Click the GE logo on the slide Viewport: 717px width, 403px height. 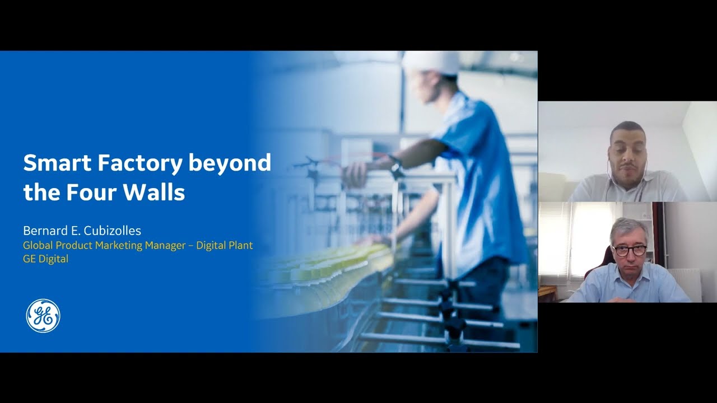(43, 316)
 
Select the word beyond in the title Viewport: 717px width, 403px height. (230, 163)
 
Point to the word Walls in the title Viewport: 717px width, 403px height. (155, 193)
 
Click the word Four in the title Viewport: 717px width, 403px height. (91, 193)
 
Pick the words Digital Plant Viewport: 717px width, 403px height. (224, 245)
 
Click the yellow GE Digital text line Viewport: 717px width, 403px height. (45, 259)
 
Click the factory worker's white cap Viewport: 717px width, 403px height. (430, 62)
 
